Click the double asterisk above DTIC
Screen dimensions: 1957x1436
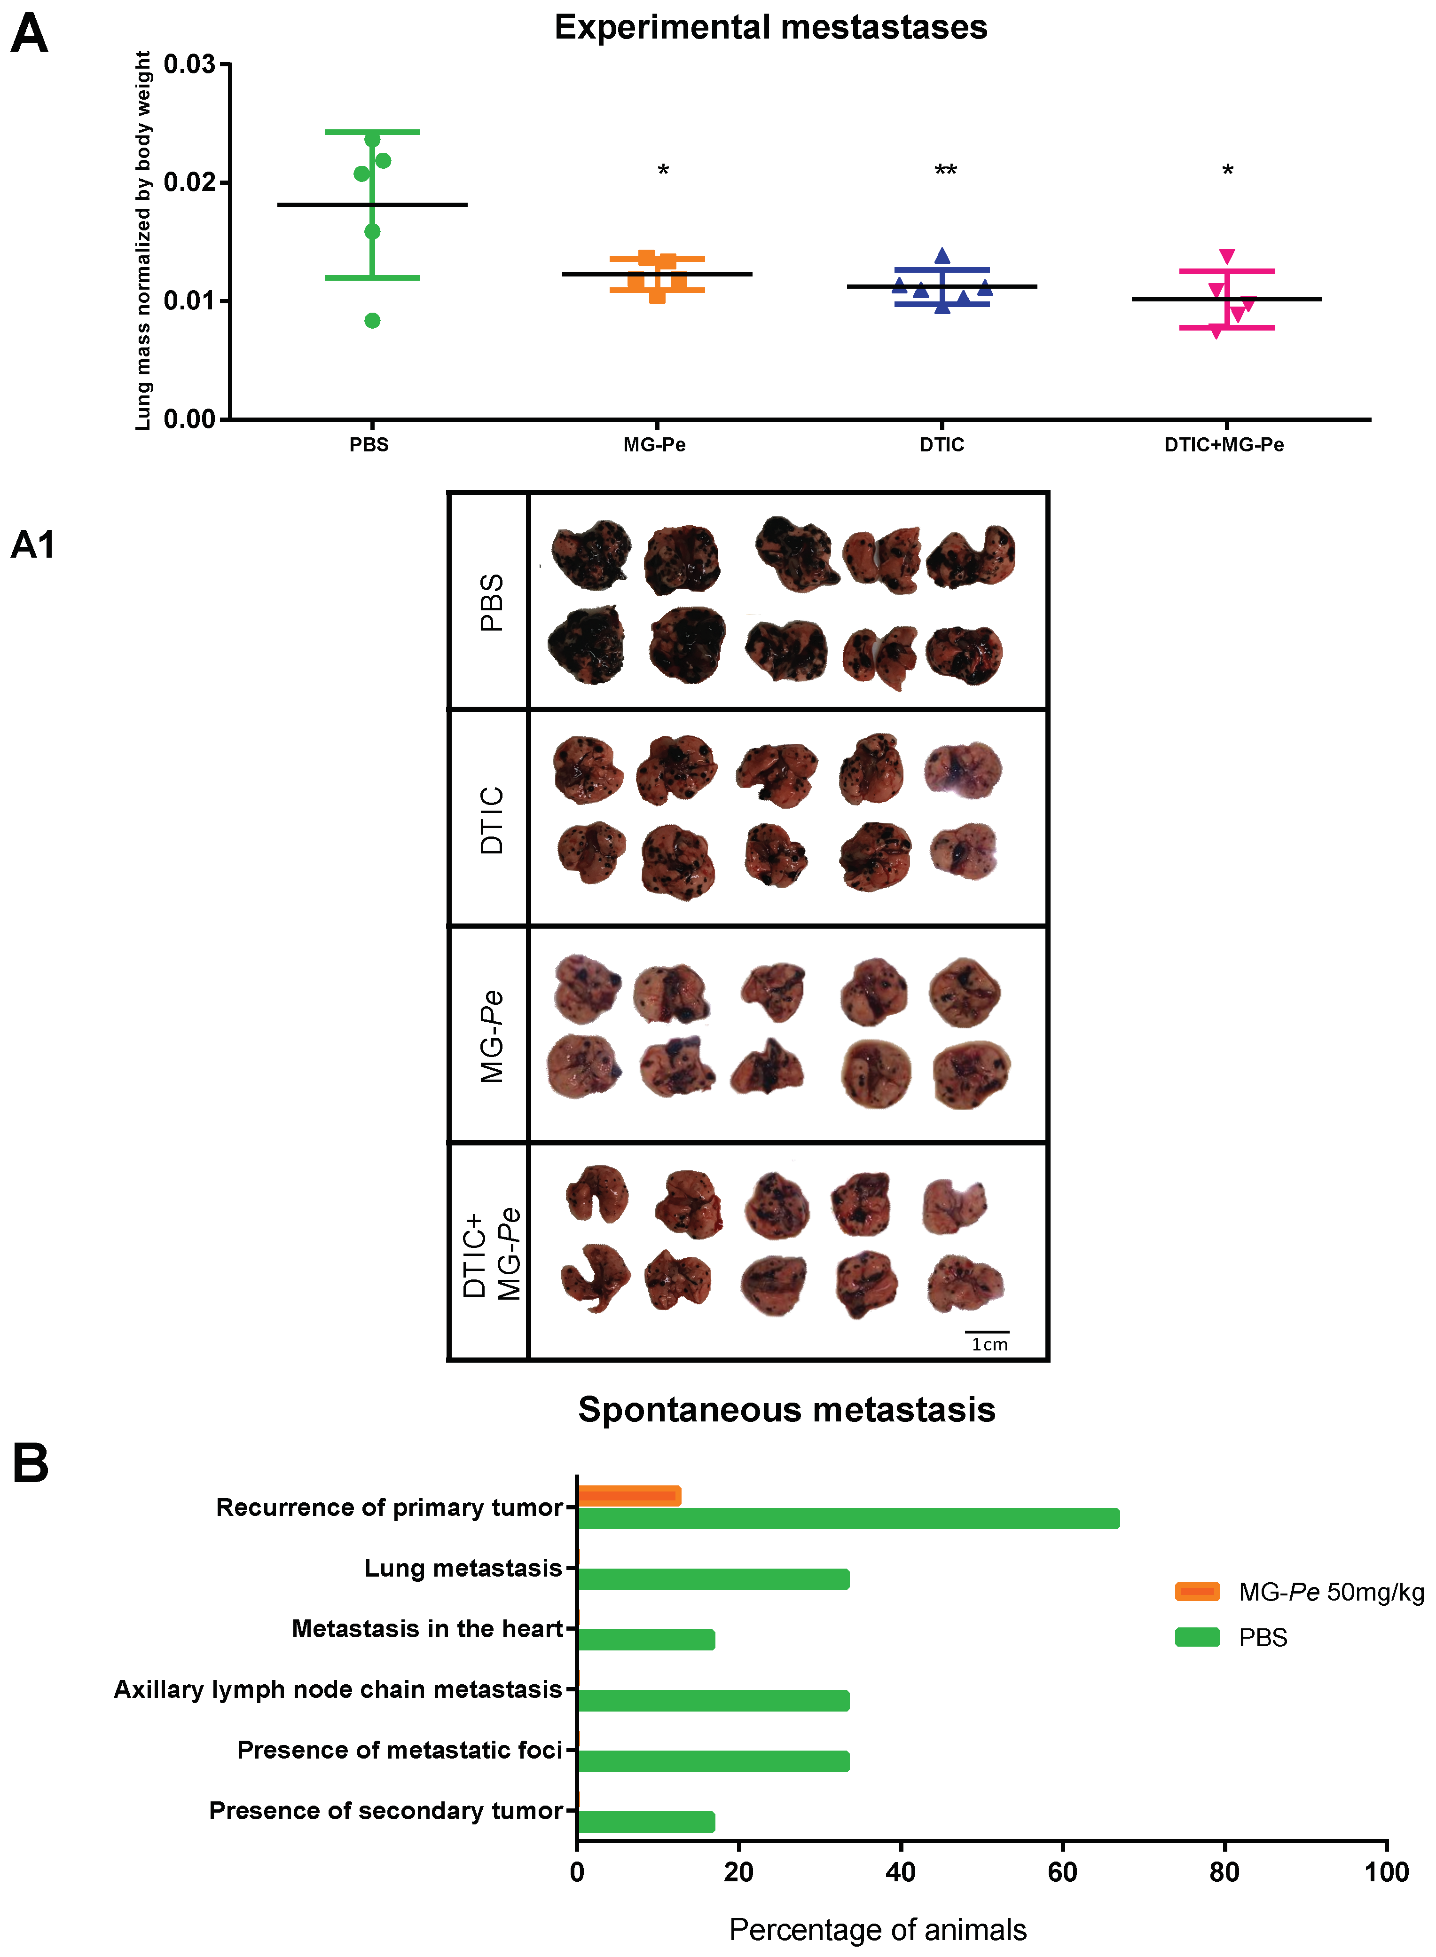pyautogui.click(x=946, y=170)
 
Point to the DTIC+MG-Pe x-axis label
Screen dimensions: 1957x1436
pyautogui.click(x=1224, y=445)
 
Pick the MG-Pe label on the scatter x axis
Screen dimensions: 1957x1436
pyautogui.click(x=655, y=445)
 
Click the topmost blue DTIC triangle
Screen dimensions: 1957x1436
pyautogui.click(x=942, y=256)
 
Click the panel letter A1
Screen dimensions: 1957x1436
pyautogui.click(x=33, y=545)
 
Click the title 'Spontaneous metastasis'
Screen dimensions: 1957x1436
pyautogui.click(x=787, y=1409)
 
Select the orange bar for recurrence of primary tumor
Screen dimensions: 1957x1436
pyautogui.click(x=628, y=1495)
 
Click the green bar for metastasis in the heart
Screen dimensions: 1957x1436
pyautogui.click(x=646, y=1640)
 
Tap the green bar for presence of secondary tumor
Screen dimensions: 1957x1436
pyautogui.click(x=646, y=1822)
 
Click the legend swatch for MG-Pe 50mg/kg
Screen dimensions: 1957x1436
pyautogui.click(x=1197, y=1592)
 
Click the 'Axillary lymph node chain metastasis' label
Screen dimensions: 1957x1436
pyautogui.click(x=338, y=1689)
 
